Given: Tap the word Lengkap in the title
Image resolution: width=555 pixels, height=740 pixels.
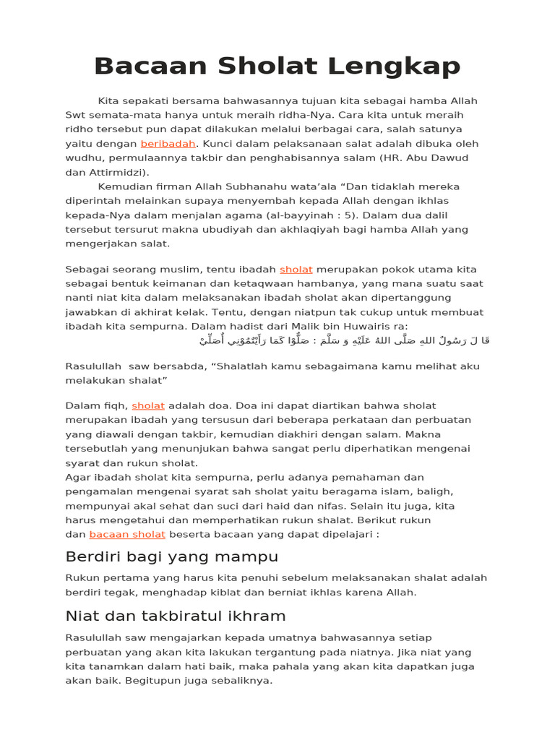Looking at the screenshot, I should (x=393, y=66).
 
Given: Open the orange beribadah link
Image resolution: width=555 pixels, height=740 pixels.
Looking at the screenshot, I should (x=168, y=144).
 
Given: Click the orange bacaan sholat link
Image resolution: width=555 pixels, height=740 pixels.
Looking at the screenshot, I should (x=127, y=535).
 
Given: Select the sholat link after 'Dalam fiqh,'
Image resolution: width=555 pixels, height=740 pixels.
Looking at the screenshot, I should (x=148, y=406).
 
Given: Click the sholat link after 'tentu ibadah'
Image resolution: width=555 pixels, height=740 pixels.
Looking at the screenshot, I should (x=296, y=270).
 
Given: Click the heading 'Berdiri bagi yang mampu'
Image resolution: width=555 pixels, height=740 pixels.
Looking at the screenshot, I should (x=171, y=557).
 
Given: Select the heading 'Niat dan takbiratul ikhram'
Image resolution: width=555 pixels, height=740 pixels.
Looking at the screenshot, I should (x=176, y=616).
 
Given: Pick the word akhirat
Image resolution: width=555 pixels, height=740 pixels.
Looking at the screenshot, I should (x=213, y=312).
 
